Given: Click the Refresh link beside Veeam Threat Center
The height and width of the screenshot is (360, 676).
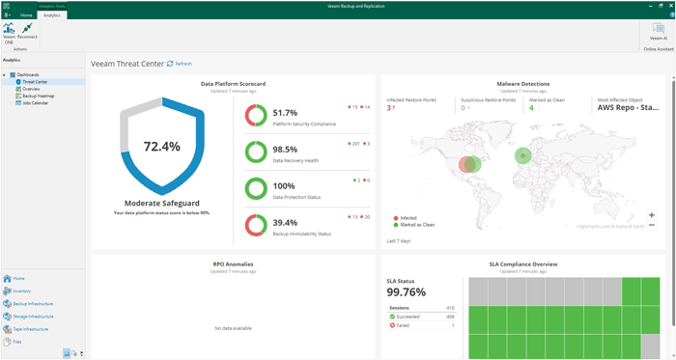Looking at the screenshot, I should coord(181,64).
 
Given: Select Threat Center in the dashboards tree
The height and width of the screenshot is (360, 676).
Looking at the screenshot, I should coord(35,82).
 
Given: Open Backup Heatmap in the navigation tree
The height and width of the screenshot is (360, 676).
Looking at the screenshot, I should coord(39,96).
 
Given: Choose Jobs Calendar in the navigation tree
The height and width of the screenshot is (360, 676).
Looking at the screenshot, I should coord(35,102).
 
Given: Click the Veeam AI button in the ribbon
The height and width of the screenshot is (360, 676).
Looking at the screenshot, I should coord(658,31).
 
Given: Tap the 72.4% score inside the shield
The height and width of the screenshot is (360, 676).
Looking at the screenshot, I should coord(161,147).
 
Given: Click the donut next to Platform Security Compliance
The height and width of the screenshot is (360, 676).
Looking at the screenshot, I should coord(256,115).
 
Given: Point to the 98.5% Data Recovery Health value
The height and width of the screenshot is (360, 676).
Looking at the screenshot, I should coord(285,150).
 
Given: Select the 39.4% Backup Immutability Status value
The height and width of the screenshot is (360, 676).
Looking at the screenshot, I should coord(285,222).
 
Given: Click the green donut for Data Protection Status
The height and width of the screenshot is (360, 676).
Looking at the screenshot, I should coord(256,187).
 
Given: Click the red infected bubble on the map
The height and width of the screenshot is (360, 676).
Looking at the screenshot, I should coord(467,164).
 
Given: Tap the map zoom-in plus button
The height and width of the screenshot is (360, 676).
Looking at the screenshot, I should coord(652,215).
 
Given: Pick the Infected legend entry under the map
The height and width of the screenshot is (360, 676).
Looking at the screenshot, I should coord(408,218).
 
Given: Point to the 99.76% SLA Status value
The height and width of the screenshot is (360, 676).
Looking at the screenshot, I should coord(407,292).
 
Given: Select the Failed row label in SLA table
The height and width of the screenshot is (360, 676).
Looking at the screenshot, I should coord(404,325).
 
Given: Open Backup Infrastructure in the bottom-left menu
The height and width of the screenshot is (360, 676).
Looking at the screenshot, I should coord(33,303).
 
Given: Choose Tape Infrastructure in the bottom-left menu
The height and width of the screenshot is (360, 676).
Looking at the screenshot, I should coord(31,329).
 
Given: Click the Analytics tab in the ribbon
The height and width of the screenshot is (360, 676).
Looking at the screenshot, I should coord(52,15).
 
